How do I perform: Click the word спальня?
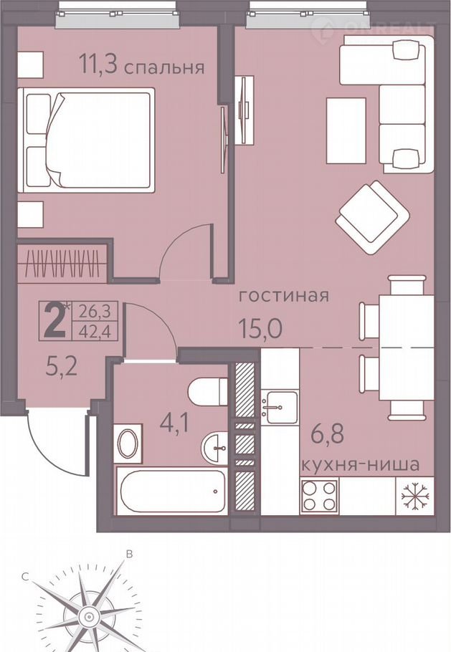pyautogui.click(x=165, y=67)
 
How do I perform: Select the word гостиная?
pyautogui.click(x=284, y=296)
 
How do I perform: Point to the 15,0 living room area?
pyautogui.click(x=260, y=328)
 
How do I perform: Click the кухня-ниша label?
pyautogui.click(x=359, y=464)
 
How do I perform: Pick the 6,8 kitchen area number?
pyautogui.click(x=328, y=434)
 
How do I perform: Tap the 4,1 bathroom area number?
pyautogui.click(x=174, y=425)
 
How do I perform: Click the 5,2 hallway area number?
pyautogui.click(x=61, y=366)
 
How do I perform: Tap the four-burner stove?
pyautogui.click(x=319, y=496)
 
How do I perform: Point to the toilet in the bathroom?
pyautogui.click(x=206, y=391)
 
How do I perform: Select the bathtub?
pyautogui.click(x=171, y=491)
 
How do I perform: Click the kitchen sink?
pyautogui.click(x=279, y=407)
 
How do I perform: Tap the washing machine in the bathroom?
pyautogui.click(x=128, y=444)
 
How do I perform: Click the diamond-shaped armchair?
pyautogui.click(x=373, y=216)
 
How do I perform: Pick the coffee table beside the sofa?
pyautogui.click(x=346, y=130)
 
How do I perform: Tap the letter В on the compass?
pyautogui.click(x=129, y=554)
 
